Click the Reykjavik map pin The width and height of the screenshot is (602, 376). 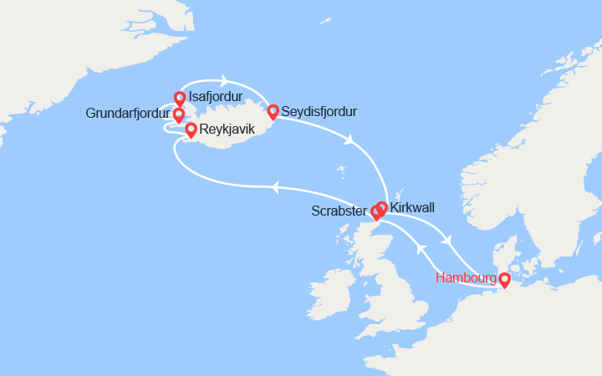tap(191, 130)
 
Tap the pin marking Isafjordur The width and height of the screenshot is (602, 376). tap(179, 98)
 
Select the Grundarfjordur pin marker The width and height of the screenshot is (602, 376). tap(178, 114)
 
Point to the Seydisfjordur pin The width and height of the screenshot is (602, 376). tap(273, 111)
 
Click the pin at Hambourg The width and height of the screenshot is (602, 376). tap(504, 279)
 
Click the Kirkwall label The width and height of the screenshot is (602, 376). tap(411, 206)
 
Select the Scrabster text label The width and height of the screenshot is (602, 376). tap(339, 212)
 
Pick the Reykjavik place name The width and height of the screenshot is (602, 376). tap(227, 130)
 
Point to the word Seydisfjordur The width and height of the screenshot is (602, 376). tap(319, 111)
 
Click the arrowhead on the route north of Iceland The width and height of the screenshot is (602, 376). tap(225, 81)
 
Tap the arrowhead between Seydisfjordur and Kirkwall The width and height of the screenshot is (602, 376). tap(348, 140)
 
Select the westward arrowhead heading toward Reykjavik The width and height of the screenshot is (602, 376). tap(273, 186)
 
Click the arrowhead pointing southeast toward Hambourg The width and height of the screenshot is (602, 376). tap(449, 241)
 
